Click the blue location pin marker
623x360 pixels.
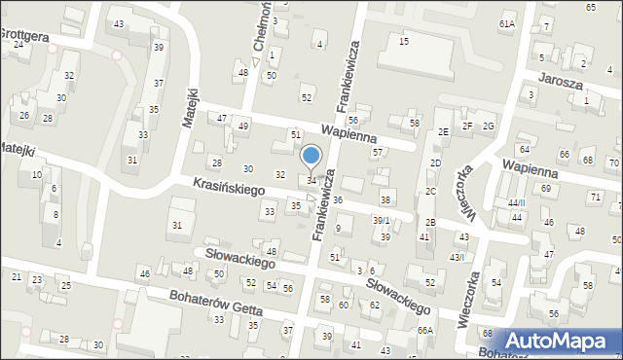311,157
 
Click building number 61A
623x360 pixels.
507,23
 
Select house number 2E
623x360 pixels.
443,131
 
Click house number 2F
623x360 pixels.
467,126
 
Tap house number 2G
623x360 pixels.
489,126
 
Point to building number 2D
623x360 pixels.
436,162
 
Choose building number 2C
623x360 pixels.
430,192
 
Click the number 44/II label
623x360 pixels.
516,202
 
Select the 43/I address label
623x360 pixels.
456,256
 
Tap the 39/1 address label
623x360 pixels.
382,221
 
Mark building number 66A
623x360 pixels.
425,331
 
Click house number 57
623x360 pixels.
377,152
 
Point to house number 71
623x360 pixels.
596,197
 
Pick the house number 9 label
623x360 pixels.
338,229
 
